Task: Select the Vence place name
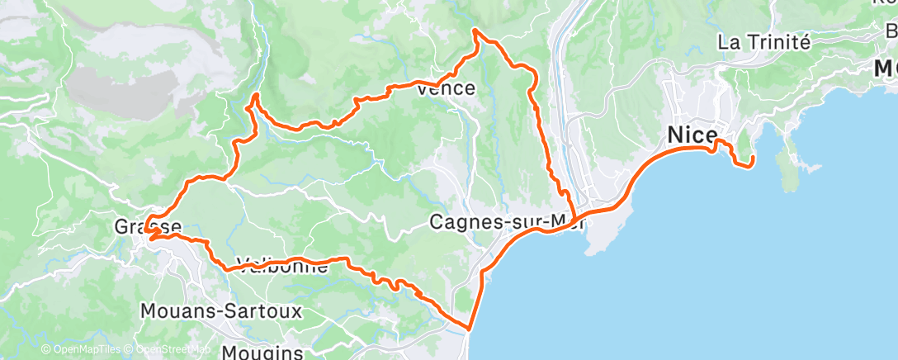tap(447, 88)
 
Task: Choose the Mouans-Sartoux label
tap(221, 311)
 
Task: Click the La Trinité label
tap(765, 42)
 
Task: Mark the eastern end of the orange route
tap(751, 166)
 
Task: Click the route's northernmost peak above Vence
tap(475, 31)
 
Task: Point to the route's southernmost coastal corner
tap(468, 328)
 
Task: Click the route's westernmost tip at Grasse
tap(146, 234)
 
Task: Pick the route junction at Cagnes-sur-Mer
tap(570, 216)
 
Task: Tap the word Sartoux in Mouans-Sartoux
tap(266, 311)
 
